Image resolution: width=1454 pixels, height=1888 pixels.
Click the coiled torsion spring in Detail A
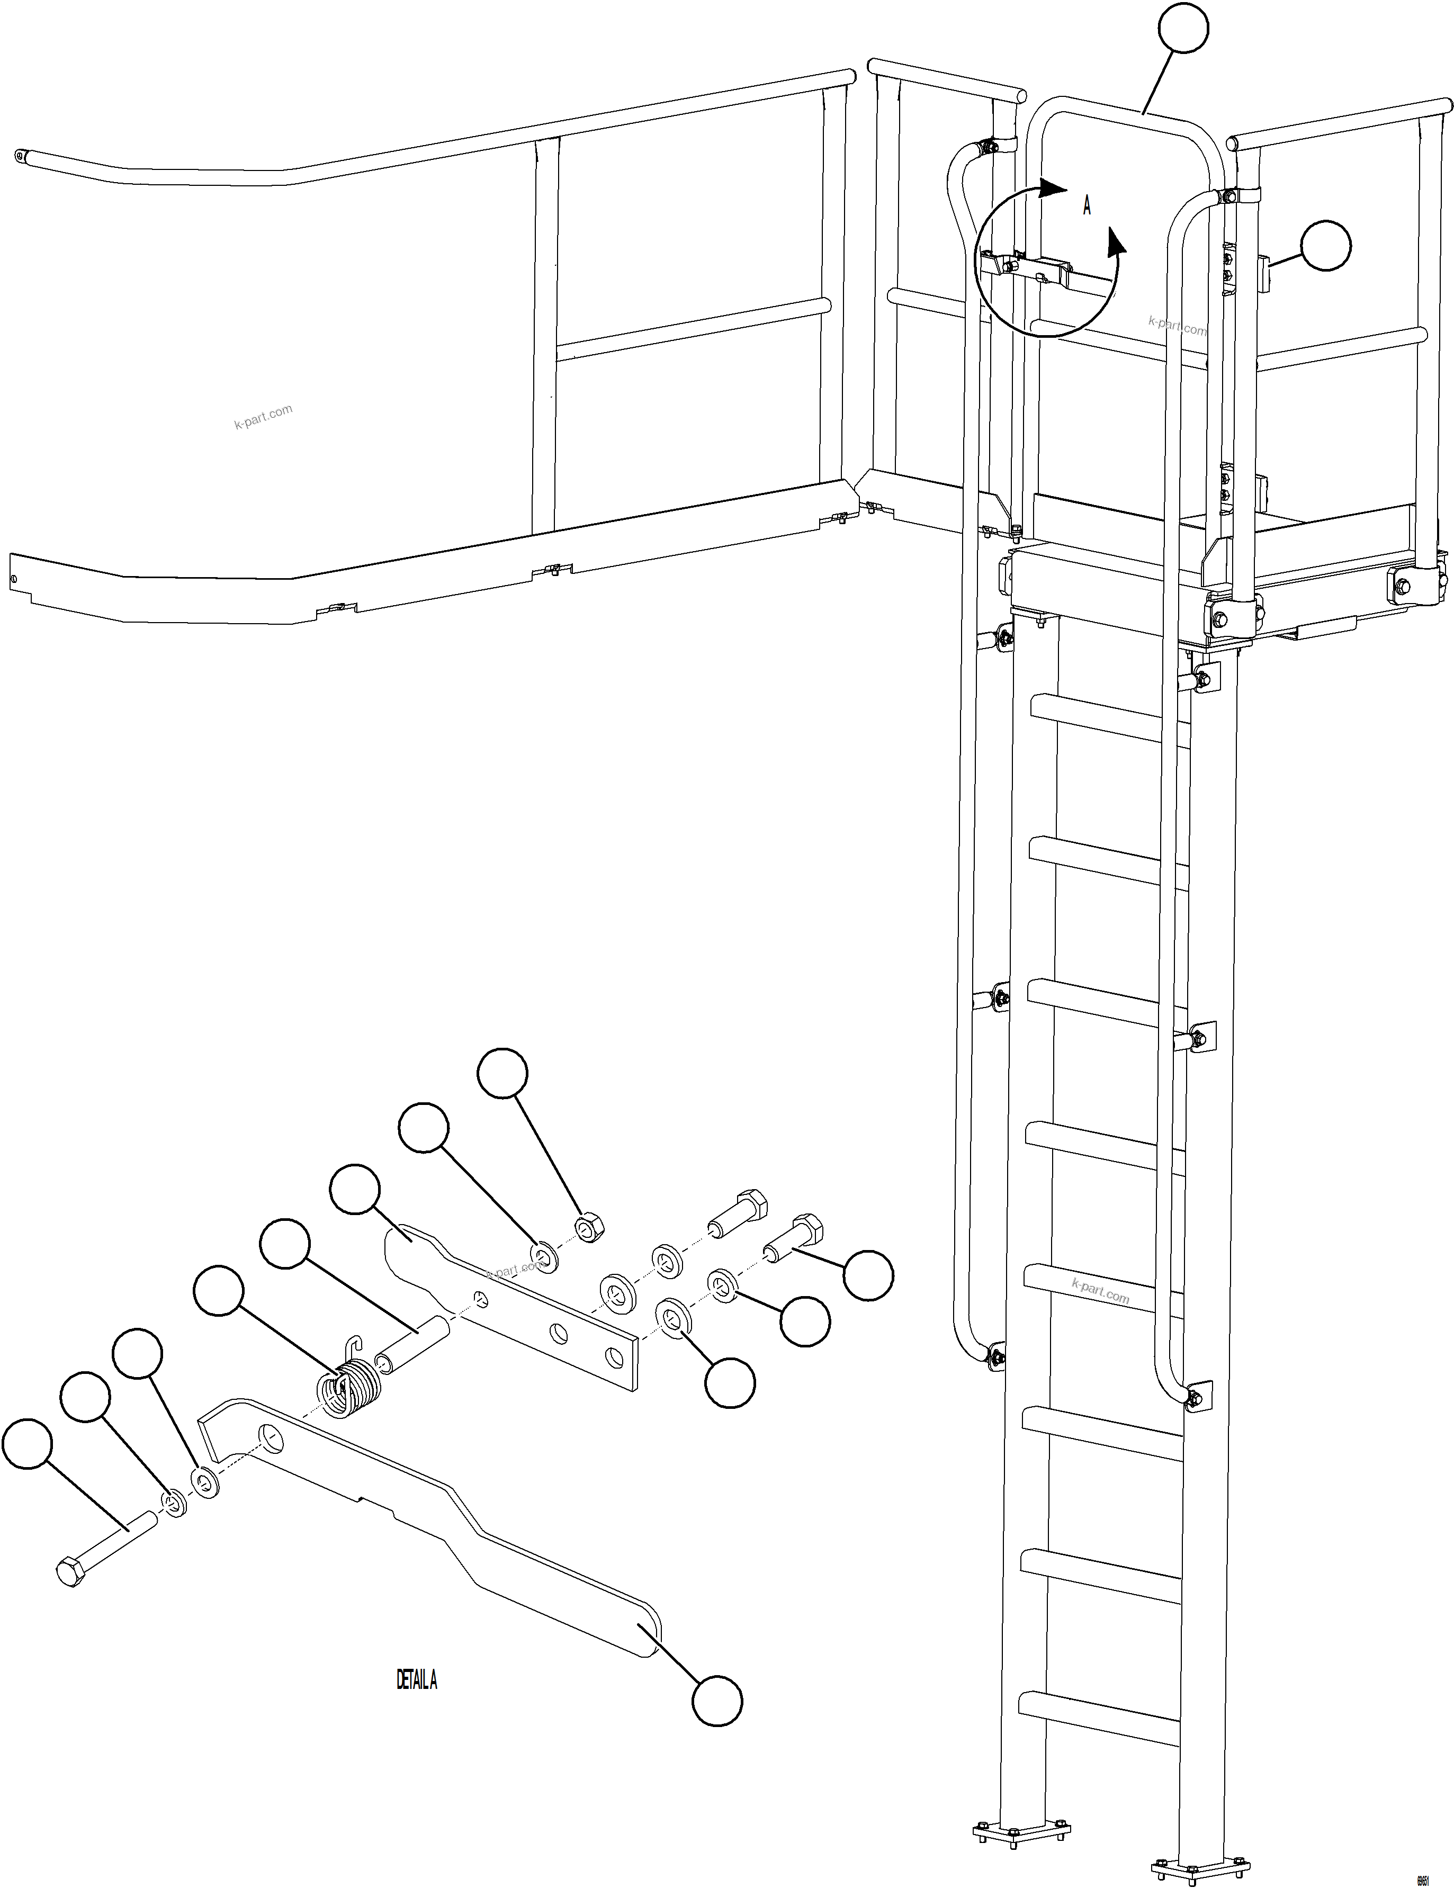(x=349, y=1388)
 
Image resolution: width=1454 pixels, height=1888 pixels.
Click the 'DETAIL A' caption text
(x=417, y=1679)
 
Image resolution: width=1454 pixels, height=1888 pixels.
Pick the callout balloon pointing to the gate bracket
(x=1325, y=246)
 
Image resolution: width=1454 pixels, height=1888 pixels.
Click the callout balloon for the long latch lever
(x=716, y=1701)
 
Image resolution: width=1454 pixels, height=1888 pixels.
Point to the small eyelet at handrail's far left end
(x=19, y=157)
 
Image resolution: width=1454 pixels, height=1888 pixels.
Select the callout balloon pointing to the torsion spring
(x=219, y=1291)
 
